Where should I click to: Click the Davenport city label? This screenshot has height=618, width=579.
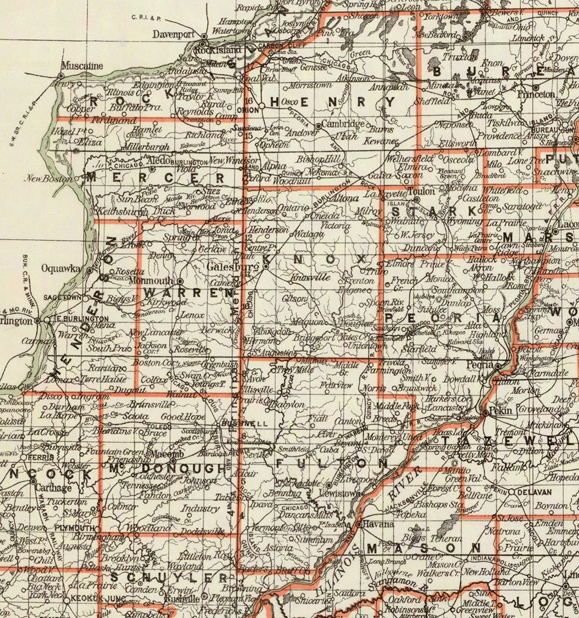174,35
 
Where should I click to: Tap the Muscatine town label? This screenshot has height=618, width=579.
82,66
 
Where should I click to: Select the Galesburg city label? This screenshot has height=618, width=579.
233,267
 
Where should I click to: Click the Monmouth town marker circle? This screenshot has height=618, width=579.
180,281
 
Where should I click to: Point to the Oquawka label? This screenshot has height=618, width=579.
61,268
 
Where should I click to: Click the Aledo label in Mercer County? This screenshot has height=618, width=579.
158,160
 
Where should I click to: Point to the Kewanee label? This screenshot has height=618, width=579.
381,141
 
